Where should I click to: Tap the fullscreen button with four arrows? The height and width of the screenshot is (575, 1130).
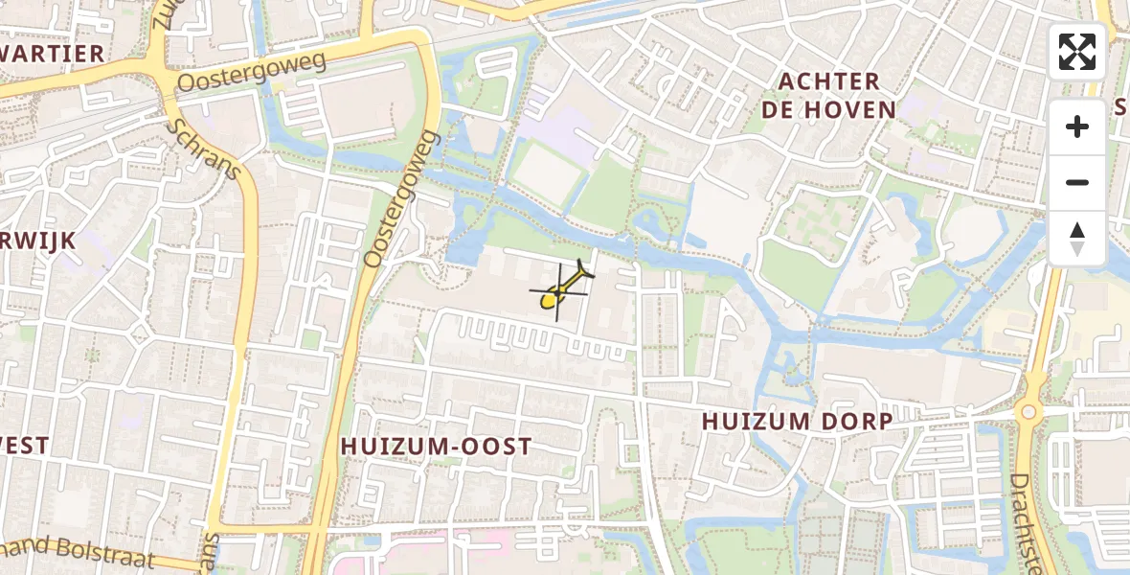pyautogui.click(x=1077, y=52)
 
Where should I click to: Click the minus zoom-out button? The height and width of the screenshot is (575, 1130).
pyautogui.click(x=1077, y=182)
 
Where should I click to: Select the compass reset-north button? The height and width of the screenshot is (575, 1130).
pyautogui.click(x=1077, y=238)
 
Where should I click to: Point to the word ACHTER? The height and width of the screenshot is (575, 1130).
pyautogui.click(x=829, y=81)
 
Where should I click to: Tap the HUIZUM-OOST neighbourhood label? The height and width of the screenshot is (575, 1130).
pyautogui.click(x=436, y=447)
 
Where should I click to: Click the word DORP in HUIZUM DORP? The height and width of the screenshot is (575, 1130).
pyautogui.click(x=856, y=422)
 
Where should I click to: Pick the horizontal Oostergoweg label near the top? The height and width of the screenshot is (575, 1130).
pyautogui.click(x=251, y=73)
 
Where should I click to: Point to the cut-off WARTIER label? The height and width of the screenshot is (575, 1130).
pyautogui.click(x=52, y=54)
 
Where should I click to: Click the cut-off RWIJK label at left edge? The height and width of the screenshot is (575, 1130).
pyautogui.click(x=37, y=241)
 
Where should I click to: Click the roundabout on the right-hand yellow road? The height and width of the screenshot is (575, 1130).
pyautogui.click(x=1028, y=412)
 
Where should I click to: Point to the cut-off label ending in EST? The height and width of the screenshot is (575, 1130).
pyautogui.click(x=24, y=446)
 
